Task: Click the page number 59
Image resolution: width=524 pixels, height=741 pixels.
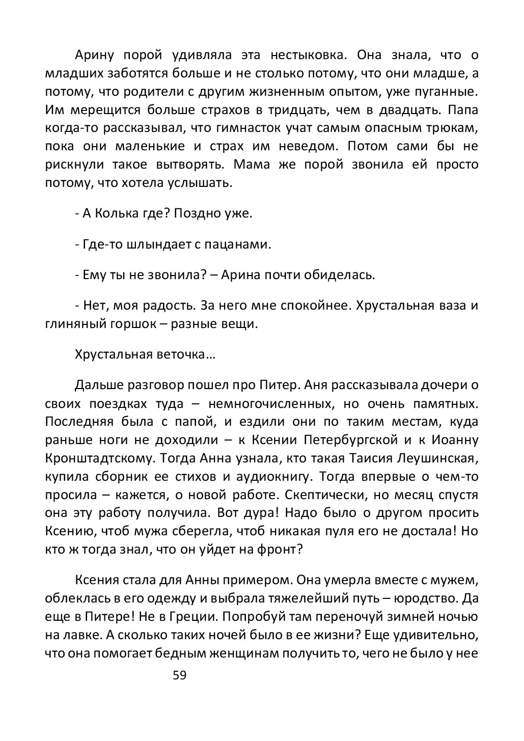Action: tap(180, 675)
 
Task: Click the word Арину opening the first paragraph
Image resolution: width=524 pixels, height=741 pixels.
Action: tap(95, 55)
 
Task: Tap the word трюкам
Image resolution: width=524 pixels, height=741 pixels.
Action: tap(454, 128)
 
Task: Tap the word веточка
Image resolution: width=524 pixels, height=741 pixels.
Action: tap(181, 355)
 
